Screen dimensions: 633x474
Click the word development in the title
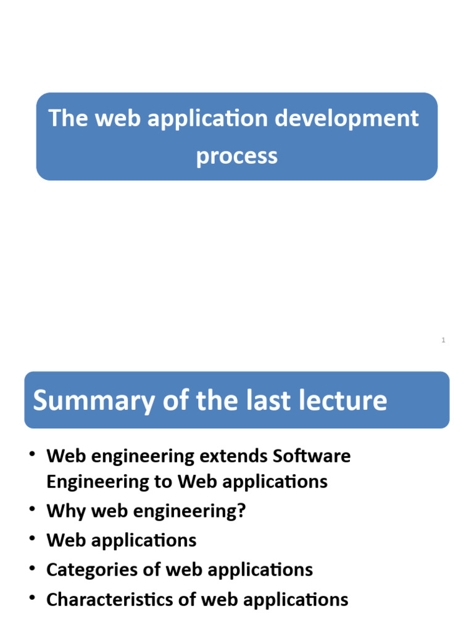pos(347,119)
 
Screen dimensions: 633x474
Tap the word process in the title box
pos(237,156)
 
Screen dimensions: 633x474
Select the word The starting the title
pos(68,117)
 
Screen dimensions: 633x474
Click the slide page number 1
pos(443,340)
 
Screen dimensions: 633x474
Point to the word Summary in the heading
pos(81,401)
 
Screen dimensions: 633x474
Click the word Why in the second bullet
pos(64,512)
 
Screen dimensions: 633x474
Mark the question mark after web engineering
pos(241,512)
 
